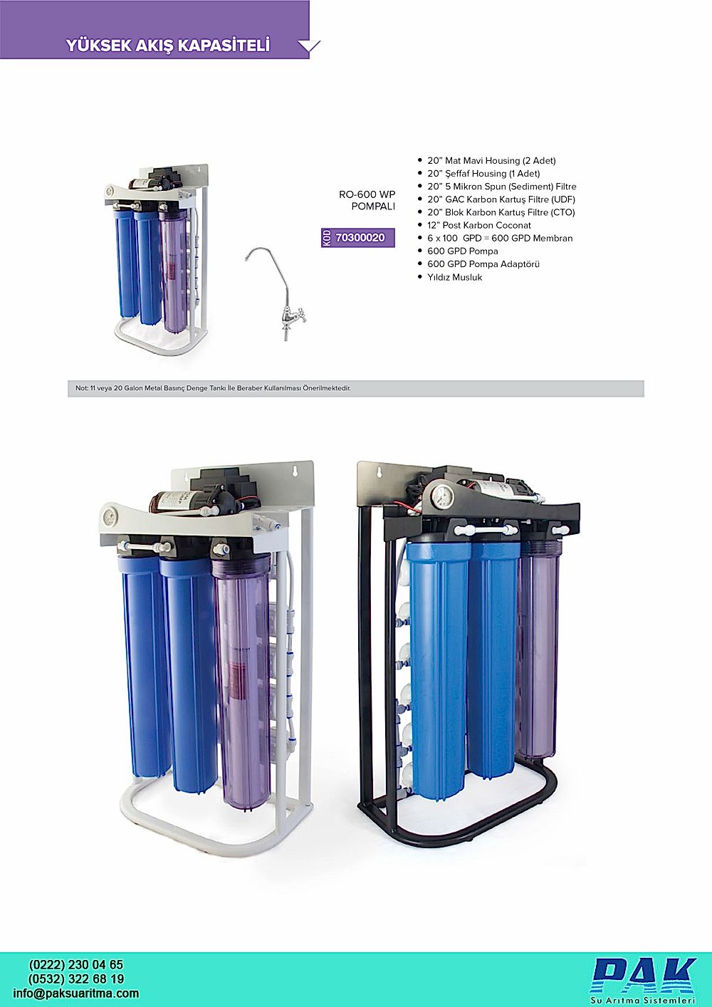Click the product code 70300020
pyautogui.click(x=360, y=238)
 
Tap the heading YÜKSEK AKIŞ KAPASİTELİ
pyautogui.click(x=168, y=46)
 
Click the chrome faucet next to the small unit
pyautogui.click(x=276, y=293)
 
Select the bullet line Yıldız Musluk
pyautogui.click(x=454, y=277)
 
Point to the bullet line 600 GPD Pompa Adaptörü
pyautogui.click(x=483, y=264)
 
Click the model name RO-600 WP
pyautogui.click(x=367, y=194)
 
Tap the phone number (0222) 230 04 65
pyautogui.click(x=76, y=965)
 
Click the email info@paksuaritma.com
pyautogui.click(x=76, y=993)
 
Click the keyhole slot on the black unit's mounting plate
pyautogui.click(x=378, y=472)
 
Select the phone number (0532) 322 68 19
pyautogui.click(x=76, y=979)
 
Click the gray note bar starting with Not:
pyautogui.click(x=355, y=388)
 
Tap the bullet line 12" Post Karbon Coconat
pyautogui.click(x=478, y=226)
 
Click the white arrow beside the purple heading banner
pyautogui.click(x=309, y=46)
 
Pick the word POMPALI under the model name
pyautogui.click(x=373, y=207)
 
